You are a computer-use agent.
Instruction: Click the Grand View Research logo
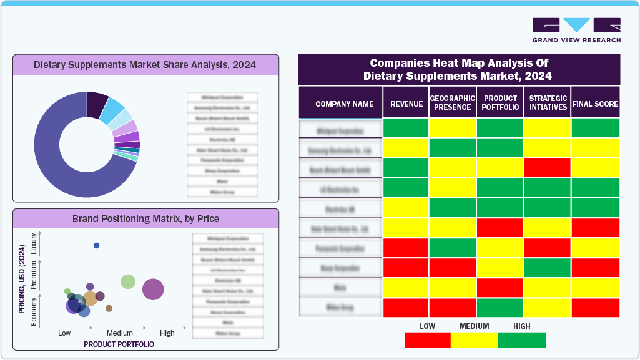(x=576, y=29)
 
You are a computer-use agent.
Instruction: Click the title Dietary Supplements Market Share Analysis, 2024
(x=145, y=64)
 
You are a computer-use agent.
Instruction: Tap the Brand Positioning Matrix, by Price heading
(x=145, y=218)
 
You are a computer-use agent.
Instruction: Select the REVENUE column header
(x=406, y=104)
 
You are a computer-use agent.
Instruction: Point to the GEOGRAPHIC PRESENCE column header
(x=453, y=103)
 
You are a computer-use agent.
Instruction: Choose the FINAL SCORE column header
(x=595, y=104)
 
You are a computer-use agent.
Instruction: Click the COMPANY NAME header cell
(x=344, y=104)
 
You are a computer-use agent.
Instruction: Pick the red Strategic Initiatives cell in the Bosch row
(x=547, y=168)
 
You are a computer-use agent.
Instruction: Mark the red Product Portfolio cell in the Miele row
(x=500, y=288)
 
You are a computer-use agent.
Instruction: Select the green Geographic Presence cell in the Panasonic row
(x=453, y=248)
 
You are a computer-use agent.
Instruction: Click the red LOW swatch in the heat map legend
(x=427, y=339)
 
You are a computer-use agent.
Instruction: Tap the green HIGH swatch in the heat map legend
(x=522, y=339)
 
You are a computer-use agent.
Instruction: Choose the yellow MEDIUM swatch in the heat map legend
(x=475, y=339)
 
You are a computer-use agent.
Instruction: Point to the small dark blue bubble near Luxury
(x=96, y=245)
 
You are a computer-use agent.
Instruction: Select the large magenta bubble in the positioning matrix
(x=153, y=289)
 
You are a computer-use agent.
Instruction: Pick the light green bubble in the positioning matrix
(x=128, y=281)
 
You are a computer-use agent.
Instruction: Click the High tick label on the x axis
(x=167, y=333)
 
